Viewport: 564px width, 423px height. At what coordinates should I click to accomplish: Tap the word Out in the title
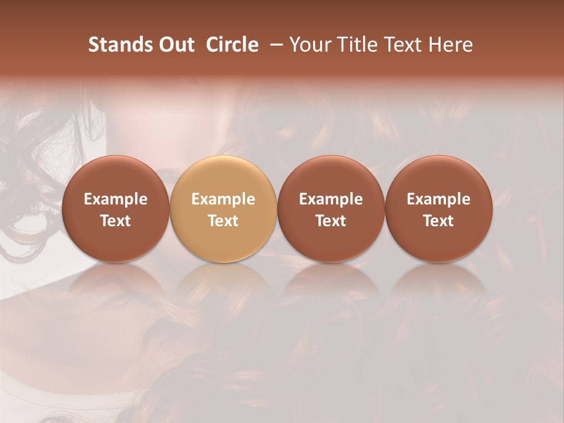174,45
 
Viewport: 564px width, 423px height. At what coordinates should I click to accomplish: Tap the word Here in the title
451,45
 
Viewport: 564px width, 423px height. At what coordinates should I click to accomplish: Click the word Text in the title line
402,45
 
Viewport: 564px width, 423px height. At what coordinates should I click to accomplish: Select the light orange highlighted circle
223,209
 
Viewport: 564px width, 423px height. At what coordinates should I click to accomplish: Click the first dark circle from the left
115,209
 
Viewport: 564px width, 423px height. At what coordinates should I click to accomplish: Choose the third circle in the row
331,209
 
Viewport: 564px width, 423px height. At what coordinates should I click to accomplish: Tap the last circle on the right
438,209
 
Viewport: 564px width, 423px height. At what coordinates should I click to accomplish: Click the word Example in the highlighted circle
223,199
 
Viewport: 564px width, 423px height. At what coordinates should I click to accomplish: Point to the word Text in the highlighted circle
223,221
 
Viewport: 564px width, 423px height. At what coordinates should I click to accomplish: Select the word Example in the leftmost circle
115,199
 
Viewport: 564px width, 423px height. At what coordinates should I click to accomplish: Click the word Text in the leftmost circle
115,221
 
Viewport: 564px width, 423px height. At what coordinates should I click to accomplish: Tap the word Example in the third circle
331,199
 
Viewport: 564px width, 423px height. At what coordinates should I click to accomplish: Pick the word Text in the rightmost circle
438,221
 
